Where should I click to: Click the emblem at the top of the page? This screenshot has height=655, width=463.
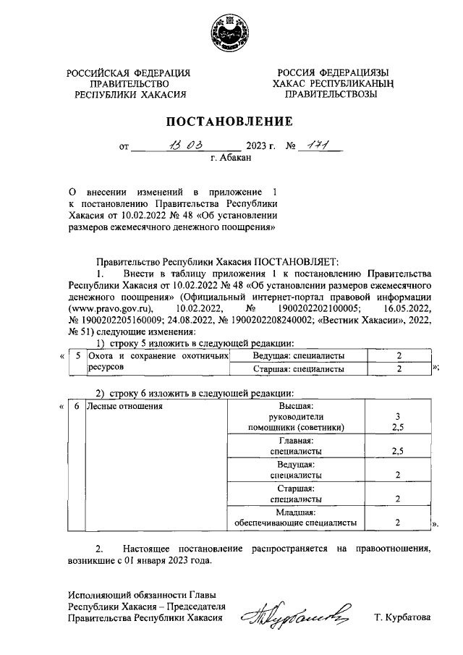(231, 33)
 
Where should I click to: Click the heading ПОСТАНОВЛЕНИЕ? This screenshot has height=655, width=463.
(231, 121)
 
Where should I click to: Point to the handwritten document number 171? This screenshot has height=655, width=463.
(315, 145)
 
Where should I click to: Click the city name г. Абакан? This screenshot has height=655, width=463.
(231, 158)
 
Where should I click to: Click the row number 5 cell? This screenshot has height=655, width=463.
(77, 356)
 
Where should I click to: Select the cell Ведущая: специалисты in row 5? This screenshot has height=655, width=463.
(298, 356)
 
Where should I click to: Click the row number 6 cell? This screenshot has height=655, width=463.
(77, 407)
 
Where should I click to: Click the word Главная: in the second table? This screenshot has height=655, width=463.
(296, 440)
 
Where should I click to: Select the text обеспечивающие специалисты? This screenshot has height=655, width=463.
(296, 521)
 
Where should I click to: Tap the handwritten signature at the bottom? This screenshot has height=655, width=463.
(300, 616)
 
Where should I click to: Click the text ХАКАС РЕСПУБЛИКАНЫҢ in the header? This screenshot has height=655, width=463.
(332, 83)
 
